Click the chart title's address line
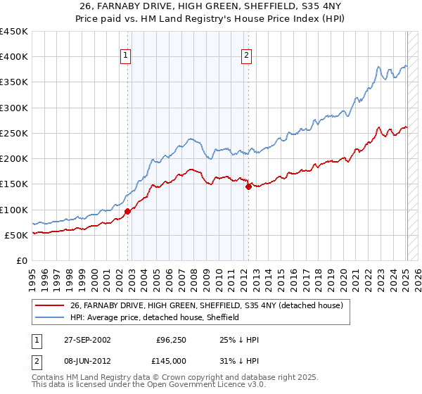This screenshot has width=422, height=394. (210, 7)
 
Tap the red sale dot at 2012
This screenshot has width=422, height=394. (248, 186)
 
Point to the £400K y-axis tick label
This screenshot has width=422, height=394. (14, 57)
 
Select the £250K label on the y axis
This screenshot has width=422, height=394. (14, 133)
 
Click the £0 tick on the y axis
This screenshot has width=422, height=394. (21, 260)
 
